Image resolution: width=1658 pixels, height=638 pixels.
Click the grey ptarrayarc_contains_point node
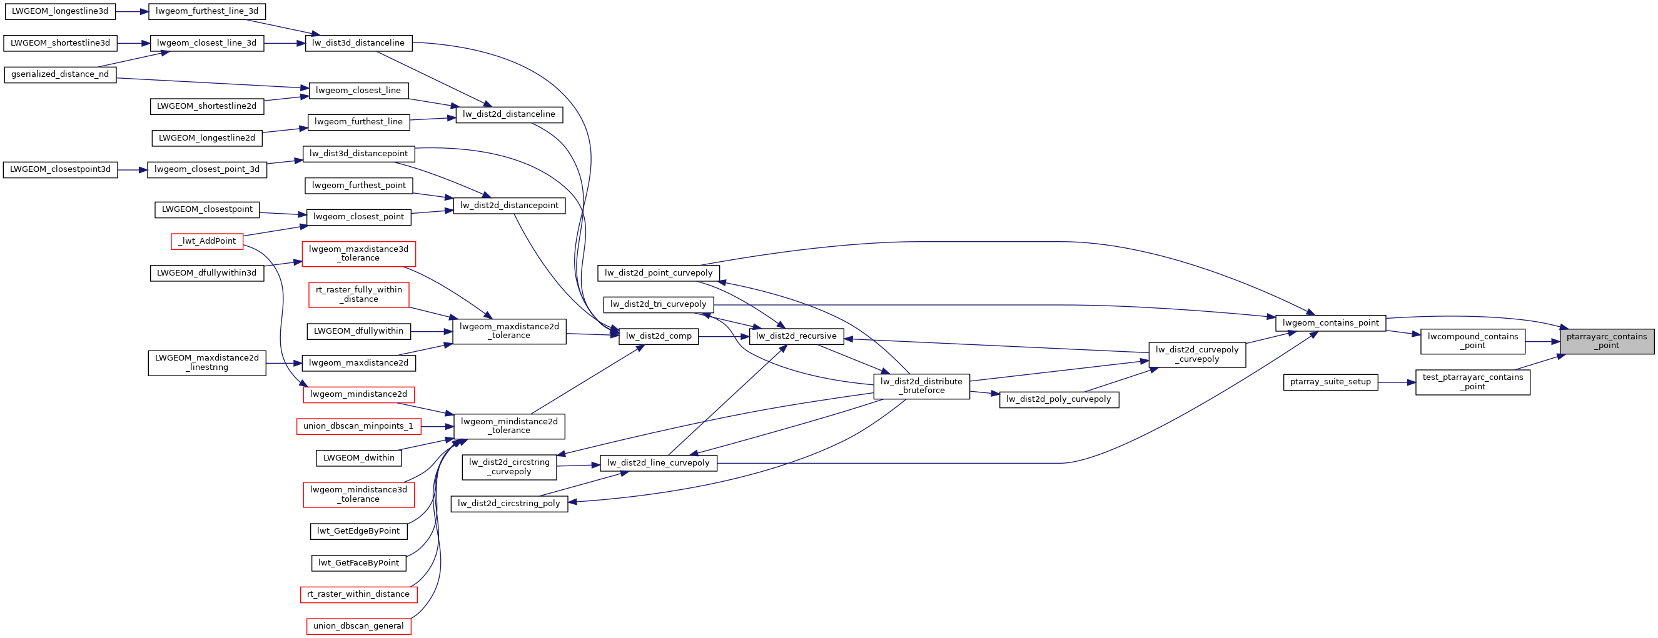pyautogui.click(x=1607, y=341)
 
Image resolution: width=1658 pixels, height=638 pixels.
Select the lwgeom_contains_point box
pyautogui.click(x=1330, y=323)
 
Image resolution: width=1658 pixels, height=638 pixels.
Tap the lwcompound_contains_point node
pyautogui.click(x=1473, y=341)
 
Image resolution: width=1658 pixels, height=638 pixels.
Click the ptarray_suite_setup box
pyautogui.click(x=1330, y=382)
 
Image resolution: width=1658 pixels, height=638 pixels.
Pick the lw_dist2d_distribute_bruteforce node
pyautogui.click(x=922, y=386)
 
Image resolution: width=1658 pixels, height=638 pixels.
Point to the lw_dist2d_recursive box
pyautogui.click(x=796, y=336)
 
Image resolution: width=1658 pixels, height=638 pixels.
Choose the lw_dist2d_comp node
pyautogui.click(x=659, y=336)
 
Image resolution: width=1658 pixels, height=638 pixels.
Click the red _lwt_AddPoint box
pyautogui.click(x=207, y=241)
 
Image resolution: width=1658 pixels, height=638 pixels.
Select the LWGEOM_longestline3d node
pyautogui.click(x=60, y=11)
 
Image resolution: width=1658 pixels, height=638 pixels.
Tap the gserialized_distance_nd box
pyautogui.click(x=60, y=74)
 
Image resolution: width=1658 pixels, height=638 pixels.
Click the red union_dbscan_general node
pyautogui.click(x=358, y=626)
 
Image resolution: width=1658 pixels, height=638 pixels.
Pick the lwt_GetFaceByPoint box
pyautogui.click(x=358, y=563)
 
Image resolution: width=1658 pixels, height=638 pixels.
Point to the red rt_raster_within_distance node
pyautogui.click(x=358, y=594)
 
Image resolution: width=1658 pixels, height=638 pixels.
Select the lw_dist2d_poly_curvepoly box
pyautogui.click(x=1059, y=399)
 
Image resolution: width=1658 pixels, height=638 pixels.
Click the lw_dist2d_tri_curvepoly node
pyautogui.click(x=659, y=304)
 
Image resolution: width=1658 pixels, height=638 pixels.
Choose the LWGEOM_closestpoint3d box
pyautogui.click(x=61, y=170)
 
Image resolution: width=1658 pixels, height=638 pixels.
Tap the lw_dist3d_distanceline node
pyautogui.click(x=358, y=43)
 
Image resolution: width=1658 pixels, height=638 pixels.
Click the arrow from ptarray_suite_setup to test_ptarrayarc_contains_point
pyautogui.click(x=1397, y=382)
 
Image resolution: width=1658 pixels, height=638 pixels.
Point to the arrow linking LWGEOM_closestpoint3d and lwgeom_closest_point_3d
pyautogui.click(x=133, y=170)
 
